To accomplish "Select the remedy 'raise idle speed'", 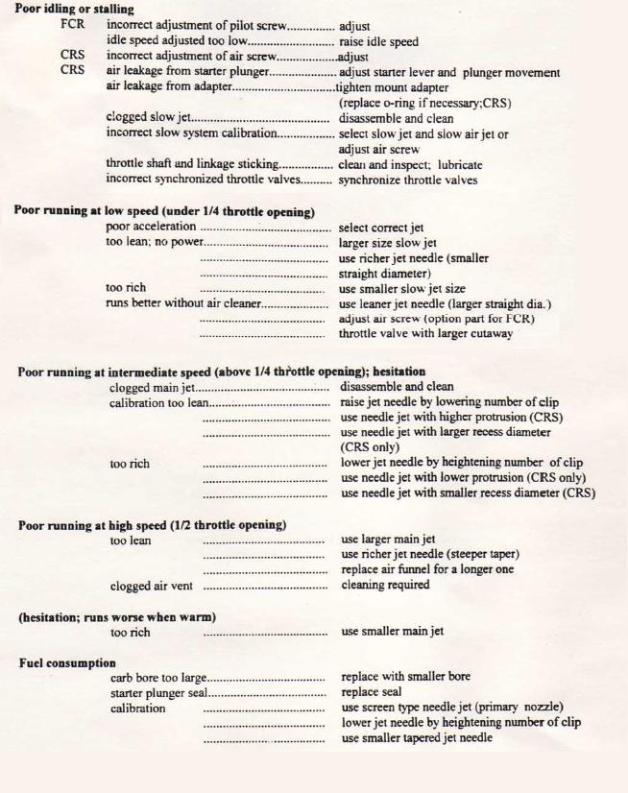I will click(378, 41).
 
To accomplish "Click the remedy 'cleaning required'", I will click(386, 585).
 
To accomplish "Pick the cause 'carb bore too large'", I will click(158, 677).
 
